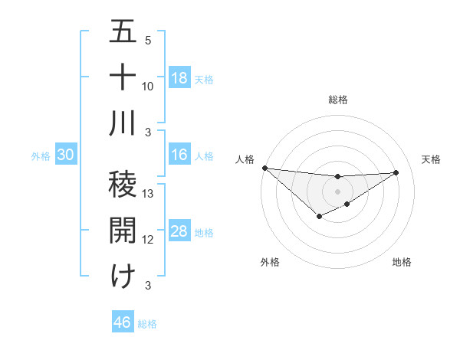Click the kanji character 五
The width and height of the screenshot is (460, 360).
(123, 33)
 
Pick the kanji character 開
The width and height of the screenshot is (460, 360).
(123, 230)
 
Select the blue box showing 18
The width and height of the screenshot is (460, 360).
(179, 78)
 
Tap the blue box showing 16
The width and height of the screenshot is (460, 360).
(179, 155)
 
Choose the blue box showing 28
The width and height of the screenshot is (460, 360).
(179, 231)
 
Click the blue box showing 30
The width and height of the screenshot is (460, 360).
(65, 155)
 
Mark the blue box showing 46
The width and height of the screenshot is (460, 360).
(123, 322)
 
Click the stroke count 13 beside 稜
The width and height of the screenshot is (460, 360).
(149, 194)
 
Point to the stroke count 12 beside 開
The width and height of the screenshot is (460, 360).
(149, 240)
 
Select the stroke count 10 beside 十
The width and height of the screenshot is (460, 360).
(149, 86)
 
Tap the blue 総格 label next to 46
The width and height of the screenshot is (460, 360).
(147, 324)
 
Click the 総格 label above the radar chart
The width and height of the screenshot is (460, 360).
(337, 100)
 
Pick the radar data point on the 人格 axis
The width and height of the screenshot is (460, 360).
(264, 168)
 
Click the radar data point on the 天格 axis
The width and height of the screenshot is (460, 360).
(396, 172)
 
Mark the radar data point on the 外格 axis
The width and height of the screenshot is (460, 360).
(320, 217)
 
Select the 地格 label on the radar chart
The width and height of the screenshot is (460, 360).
(402, 263)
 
